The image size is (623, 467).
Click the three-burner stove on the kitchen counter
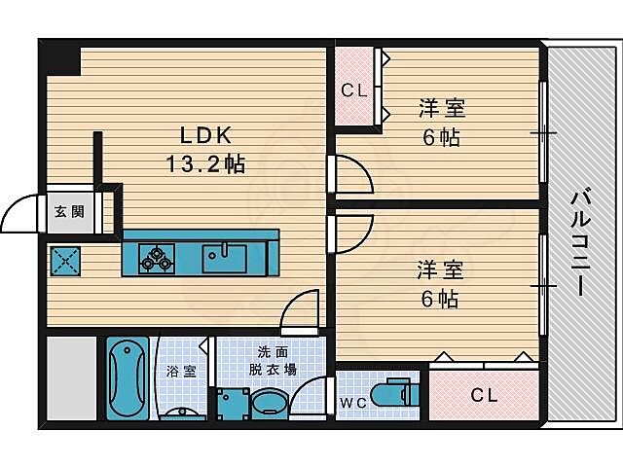tap(157, 259)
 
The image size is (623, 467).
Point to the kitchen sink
tap(225, 259)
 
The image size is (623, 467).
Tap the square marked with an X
tap(64, 261)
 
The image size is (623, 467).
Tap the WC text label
tap(352, 401)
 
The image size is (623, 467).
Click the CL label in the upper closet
tap(353, 91)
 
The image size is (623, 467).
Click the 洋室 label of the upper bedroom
tap(441, 107)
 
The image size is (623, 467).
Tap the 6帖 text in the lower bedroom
tap(441, 299)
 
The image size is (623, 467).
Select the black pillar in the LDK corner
tap(60, 57)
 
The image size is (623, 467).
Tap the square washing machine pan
tap(232, 403)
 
